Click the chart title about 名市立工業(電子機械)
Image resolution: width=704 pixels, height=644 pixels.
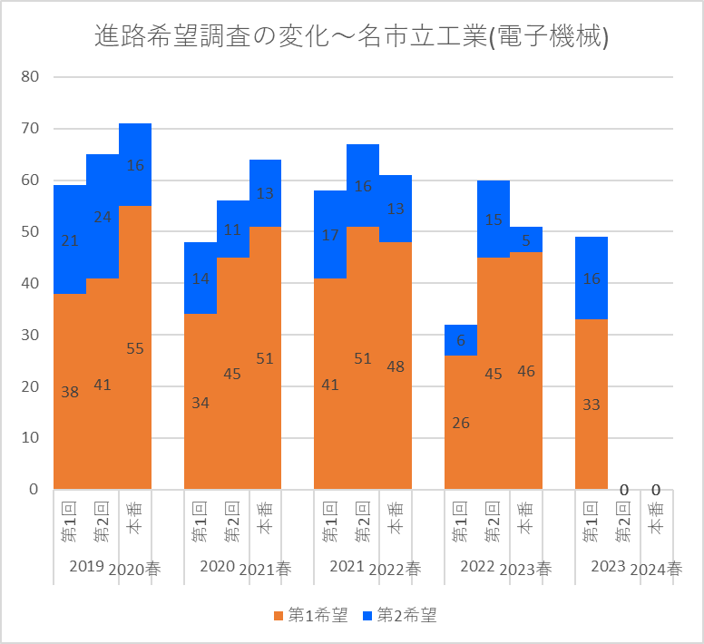[x=352, y=36]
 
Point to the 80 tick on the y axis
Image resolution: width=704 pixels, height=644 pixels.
[x=30, y=76]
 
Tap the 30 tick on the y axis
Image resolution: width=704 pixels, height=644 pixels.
[x=30, y=335]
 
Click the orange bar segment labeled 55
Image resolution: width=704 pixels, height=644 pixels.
[x=135, y=347]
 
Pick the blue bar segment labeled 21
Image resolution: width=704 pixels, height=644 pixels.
[x=70, y=239]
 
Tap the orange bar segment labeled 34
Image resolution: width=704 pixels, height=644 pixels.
[x=200, y=402]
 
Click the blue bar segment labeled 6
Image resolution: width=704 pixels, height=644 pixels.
[x=461, y=339]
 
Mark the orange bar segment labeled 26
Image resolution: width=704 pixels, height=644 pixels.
[x=461, y=422]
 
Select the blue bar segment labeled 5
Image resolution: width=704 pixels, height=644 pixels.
[x=526, y=239]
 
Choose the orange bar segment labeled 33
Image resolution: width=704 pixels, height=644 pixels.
[x=592, y=405]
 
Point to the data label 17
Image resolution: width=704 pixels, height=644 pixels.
[x=330, y=235]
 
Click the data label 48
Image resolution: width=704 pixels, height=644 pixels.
[x=396, y=366]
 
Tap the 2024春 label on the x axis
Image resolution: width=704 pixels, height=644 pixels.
[x=656, y=570]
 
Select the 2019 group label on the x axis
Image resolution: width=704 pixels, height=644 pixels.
[x=86, y=566]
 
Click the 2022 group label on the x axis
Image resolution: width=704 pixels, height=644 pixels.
[x=477, y=566]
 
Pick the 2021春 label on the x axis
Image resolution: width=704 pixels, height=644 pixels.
[x=265, y=570]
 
